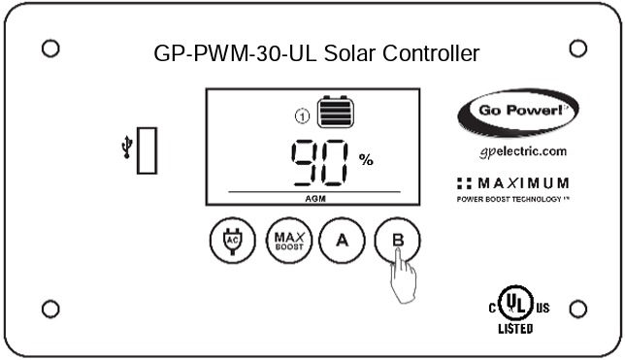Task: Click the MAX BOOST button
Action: pyautogui.click(x=285, y=240)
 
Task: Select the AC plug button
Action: pyautogui.click(x=231, y=240)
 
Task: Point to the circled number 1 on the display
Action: pyautogui.click(x=302, y=117)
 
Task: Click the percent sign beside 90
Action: pyautogui.click(x=366, y=160)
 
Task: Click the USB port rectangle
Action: pyautogui.click(x=147, y=150)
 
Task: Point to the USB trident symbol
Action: pyautogui.click(x=126, y=148)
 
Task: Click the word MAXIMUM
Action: pyautogui.click(x=524, y=183)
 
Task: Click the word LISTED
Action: pyautogui.click(x=515, y=330)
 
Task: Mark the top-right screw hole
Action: pyautogui.click(x=577, y=48)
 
